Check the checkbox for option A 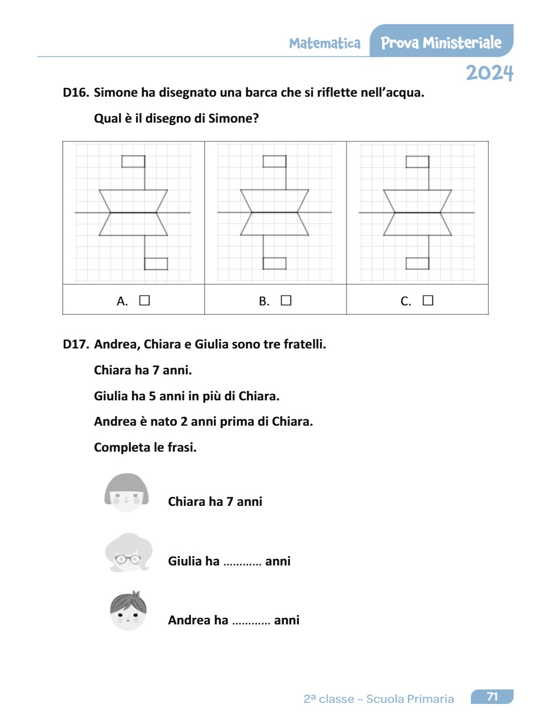144,301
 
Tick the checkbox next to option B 286,301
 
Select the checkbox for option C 428,301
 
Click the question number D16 76,93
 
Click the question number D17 76,344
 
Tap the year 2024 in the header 490,73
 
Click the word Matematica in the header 325,43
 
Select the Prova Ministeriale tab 441,42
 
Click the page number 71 492,697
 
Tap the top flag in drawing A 133,162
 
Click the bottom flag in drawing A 156,264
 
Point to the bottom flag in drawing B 275,263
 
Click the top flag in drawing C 417,162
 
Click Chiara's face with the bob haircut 126,492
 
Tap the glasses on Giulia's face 128,560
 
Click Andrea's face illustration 128,611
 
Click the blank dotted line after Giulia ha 243,562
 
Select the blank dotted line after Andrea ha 252,621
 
